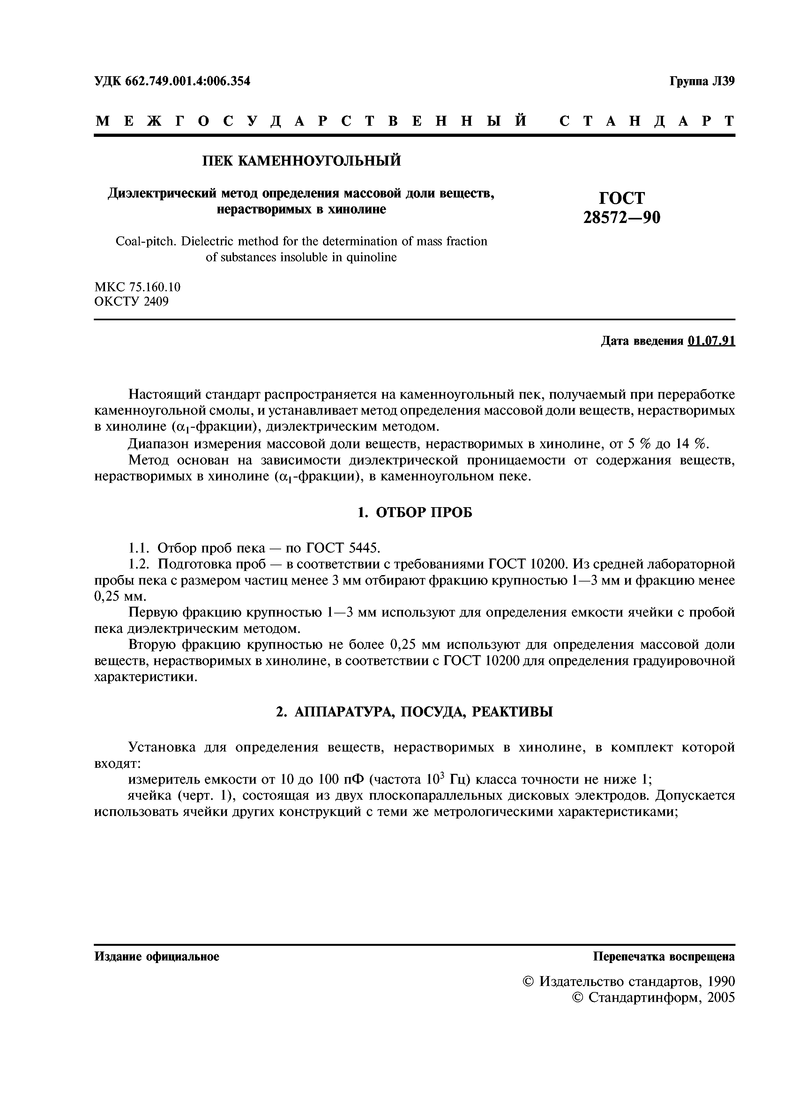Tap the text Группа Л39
click(702, 81)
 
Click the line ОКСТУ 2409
click(131, 302)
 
